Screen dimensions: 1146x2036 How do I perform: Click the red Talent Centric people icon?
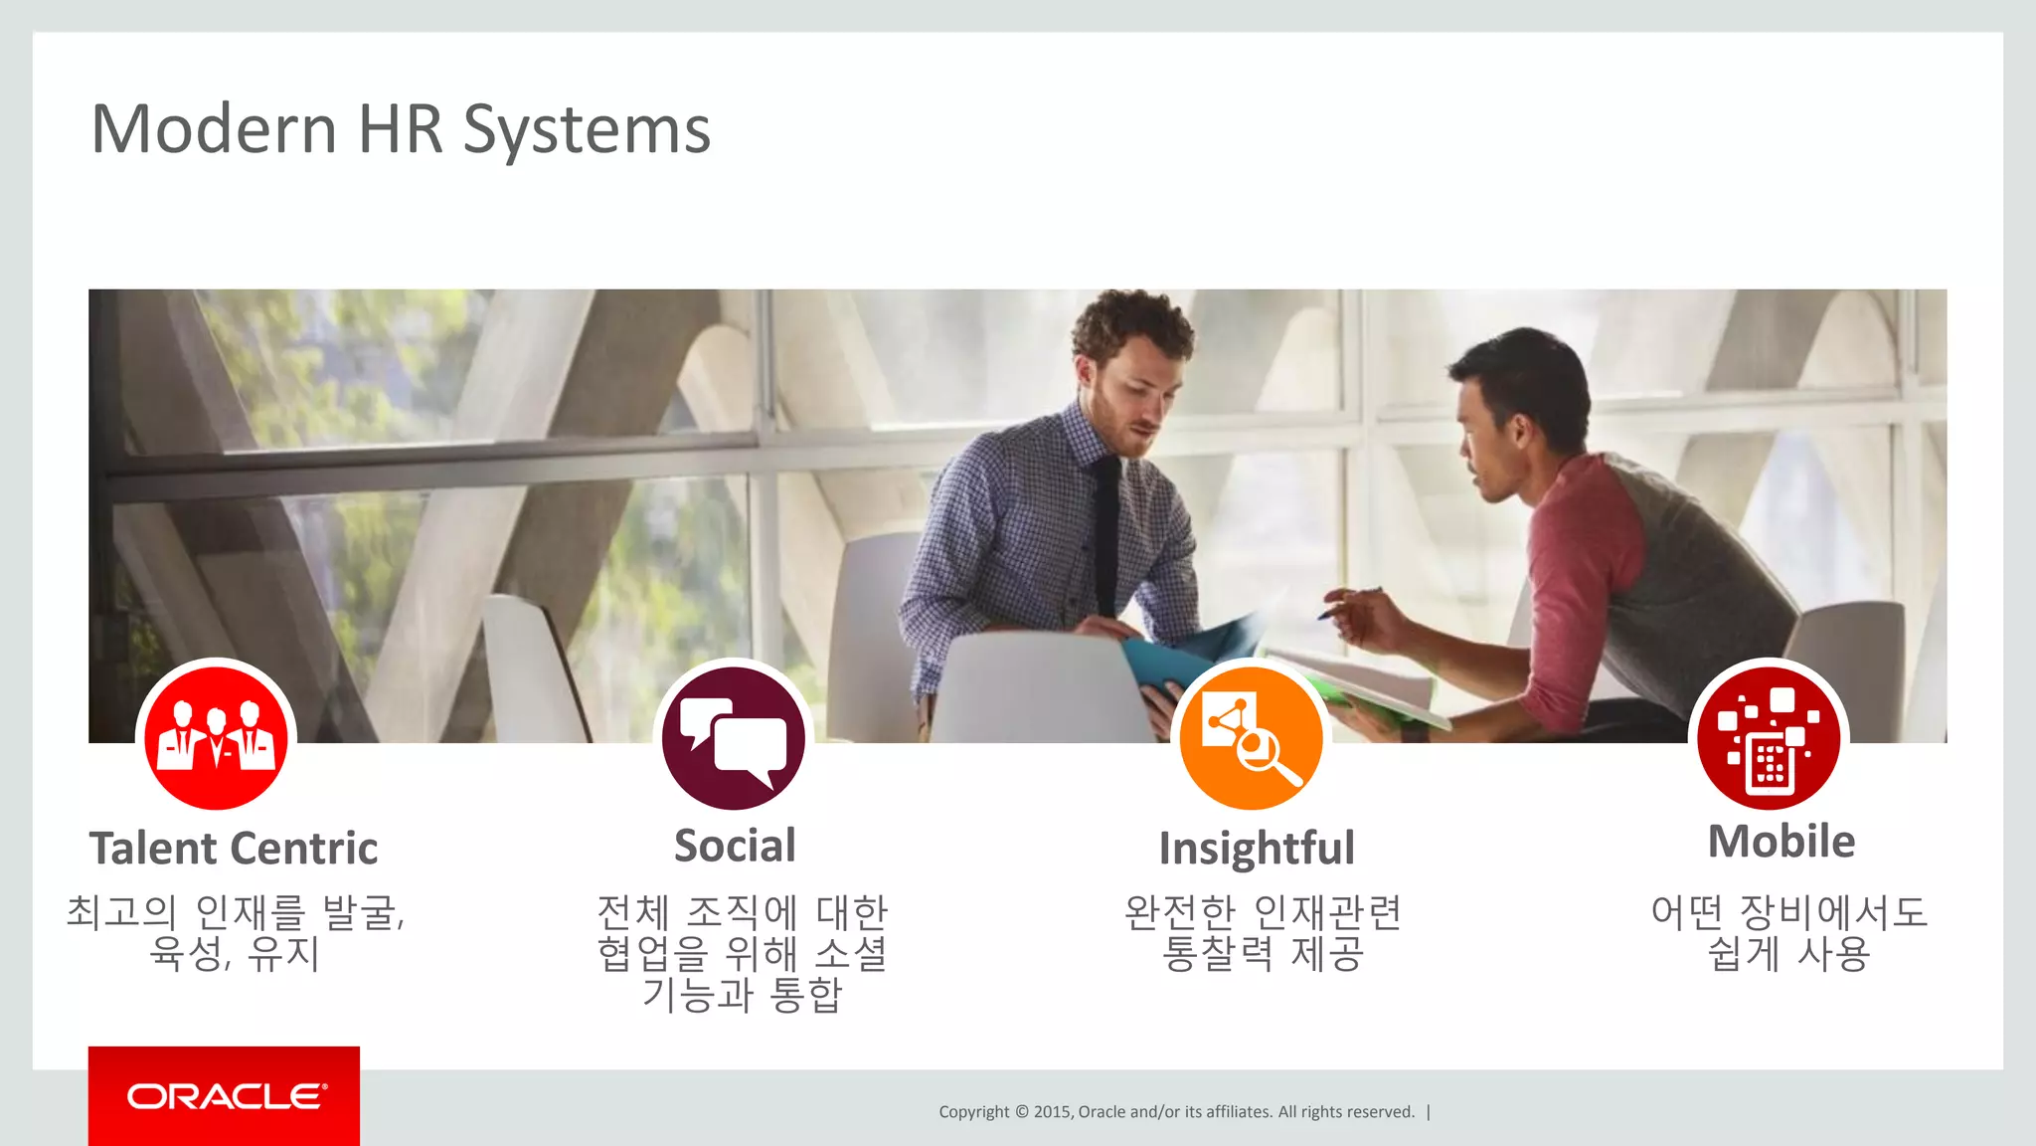click(x=216, y=738)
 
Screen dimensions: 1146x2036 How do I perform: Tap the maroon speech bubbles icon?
click(x=734, y=738)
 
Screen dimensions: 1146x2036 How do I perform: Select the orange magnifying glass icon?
click(x=1252, y=738)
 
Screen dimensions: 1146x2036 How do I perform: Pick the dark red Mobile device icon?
click(x=1769, y=738)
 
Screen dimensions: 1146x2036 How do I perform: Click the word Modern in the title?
click(x=214, y=129)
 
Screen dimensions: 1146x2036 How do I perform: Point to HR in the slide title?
click(x=400, y=129)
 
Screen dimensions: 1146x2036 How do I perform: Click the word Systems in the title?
click(x=587, y=131)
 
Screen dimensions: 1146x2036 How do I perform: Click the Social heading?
click(x=735, y=846)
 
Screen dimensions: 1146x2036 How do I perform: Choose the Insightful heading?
click(x=1257, y=849)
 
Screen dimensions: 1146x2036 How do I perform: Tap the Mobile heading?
click(x=1781, y=842)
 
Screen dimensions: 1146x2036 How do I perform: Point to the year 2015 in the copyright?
click(x=1052, y=1112)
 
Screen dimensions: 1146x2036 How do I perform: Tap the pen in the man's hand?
click(x=1348, y=602)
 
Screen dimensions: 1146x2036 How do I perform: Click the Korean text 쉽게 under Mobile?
click(x=1744, y=954)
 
